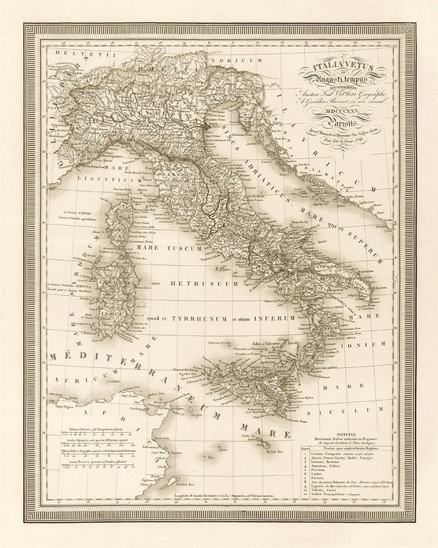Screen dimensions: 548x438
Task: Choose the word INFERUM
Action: pos(287,319)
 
